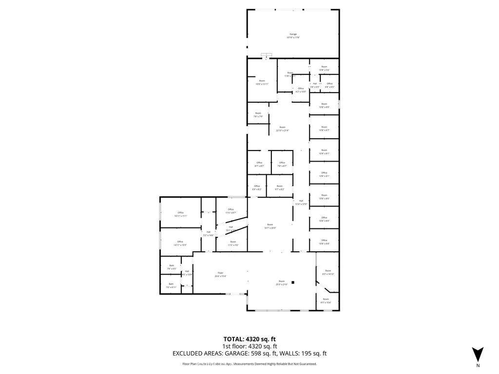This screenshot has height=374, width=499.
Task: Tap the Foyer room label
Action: point(220,275)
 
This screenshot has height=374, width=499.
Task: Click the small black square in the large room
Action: point(293,282)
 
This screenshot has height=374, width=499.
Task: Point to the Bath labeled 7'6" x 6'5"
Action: point(172,267)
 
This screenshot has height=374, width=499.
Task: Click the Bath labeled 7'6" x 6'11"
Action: point(171,285)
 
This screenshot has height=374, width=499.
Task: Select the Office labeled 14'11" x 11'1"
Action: point(180,214)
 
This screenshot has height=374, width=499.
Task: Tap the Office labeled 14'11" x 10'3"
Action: point(180,243)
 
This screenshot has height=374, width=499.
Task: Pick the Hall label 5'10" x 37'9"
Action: point(301,203)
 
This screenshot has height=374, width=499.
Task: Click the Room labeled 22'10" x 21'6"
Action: point(283,129)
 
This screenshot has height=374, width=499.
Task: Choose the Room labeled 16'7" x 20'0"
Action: point(270,226)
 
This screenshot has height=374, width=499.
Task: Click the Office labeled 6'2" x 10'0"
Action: point(301,90)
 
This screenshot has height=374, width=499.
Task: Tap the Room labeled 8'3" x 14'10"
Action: point(328,272)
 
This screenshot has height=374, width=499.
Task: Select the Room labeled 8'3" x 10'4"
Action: point(326,300)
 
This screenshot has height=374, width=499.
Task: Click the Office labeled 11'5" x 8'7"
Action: point(231,211)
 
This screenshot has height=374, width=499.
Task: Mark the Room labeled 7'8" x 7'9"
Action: point(258,115)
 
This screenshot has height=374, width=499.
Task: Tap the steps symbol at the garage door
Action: point(266,55)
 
